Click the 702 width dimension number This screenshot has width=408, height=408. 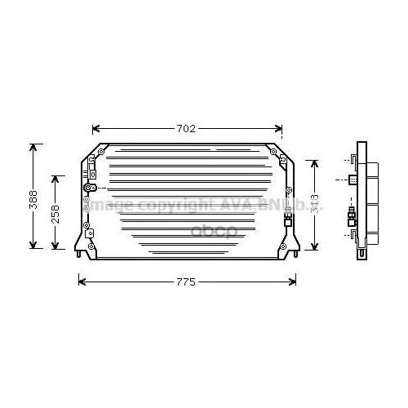[x=188, y=128]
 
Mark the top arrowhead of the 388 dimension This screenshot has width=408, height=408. [x=33, y=148]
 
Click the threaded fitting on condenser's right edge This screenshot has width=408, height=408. [x=286, y=218]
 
